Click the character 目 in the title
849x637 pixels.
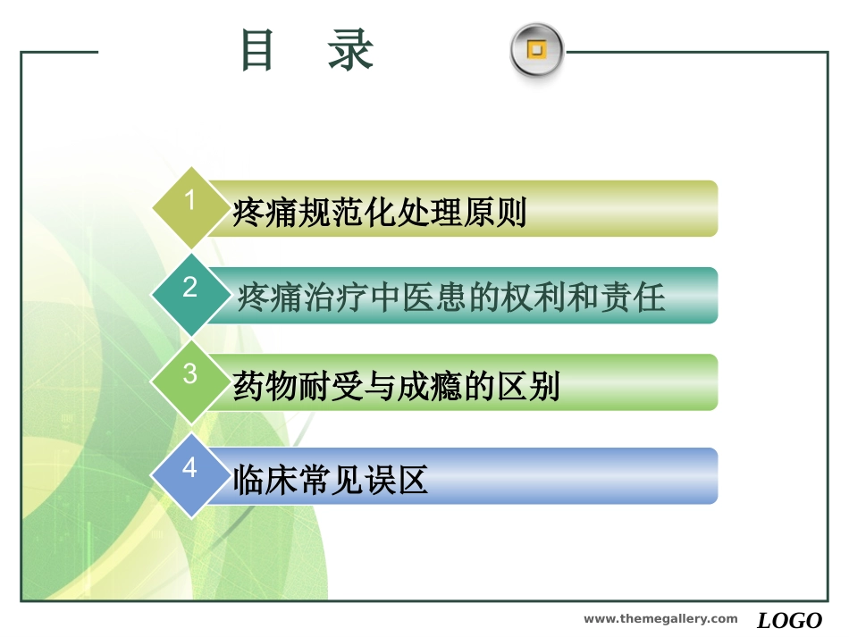[x=257, y=51]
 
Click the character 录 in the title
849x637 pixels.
[x=350, y=51]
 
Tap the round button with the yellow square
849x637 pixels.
[x=536, y=50]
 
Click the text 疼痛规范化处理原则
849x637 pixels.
[x=379, y=214]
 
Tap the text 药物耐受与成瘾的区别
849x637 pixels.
[x=396, y=387]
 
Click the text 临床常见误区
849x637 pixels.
[x=331, y=481]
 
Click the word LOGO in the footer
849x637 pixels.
[x=789, y=620]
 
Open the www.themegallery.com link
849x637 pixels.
[x=660, y=619]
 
